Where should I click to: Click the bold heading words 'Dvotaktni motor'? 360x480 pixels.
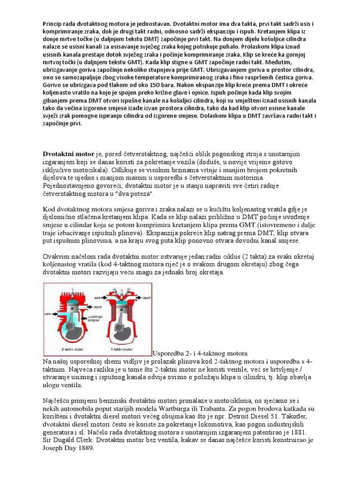coord(68,154)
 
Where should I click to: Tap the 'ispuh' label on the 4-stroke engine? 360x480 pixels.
coord(146,298)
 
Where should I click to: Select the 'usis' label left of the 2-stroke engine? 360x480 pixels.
coord(49,313)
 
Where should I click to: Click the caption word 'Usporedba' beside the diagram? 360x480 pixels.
coord(171,352)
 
